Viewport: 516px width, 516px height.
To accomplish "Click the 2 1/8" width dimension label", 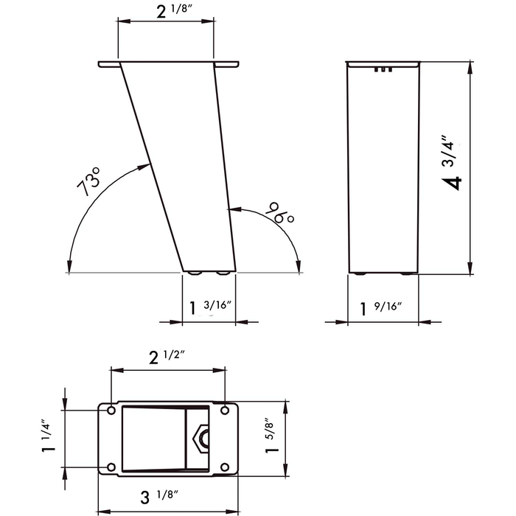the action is point(174,10).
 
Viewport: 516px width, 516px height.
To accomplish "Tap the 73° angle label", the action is point(88,181).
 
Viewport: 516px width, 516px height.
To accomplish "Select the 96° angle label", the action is point(279,213).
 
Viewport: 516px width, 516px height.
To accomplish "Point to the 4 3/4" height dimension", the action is point(452,163).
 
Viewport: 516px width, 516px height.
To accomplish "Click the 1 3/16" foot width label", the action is point(211,307).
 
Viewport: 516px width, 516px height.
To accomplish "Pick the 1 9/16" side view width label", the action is point(381,308).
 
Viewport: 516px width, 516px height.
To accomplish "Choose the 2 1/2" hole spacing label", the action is point(167,357).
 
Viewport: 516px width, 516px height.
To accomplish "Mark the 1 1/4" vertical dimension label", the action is point(47,436).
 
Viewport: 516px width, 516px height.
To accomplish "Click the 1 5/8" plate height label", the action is point(271,436).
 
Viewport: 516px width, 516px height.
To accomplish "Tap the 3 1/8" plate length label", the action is point(160,496).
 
